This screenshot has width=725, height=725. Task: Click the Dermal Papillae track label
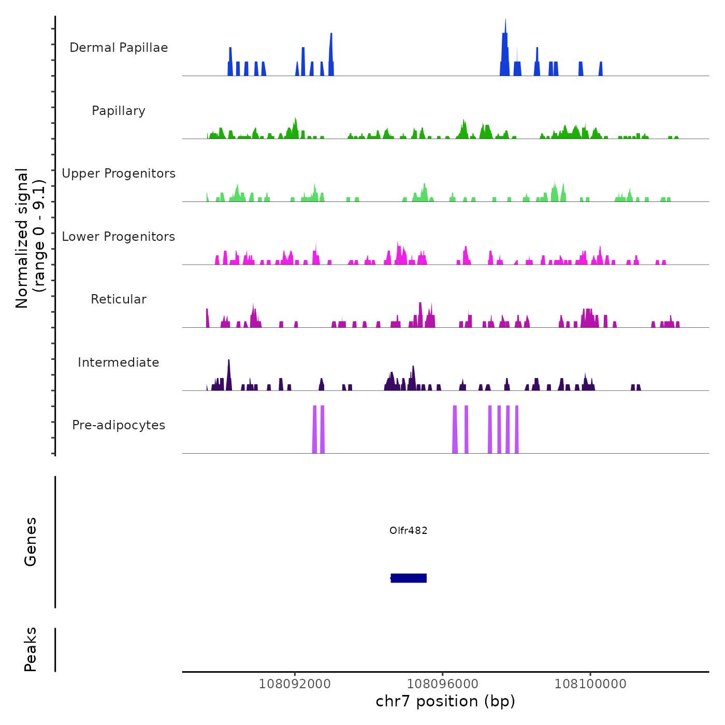pyautogui.click(x=119, y=48)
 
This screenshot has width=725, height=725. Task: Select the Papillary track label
pyautogui.click(x=119, y=111)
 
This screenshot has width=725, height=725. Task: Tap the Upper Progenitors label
pyautogui.click(x=119, y=173)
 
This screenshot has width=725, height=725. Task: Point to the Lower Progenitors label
pyautogui.click(x=119, y=237)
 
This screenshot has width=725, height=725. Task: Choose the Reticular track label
pyautogui.click(x=119, y=299)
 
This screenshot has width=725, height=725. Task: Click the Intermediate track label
pyautogui.click(x=119, y=363)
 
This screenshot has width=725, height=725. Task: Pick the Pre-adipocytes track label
pyautogui.click(x=119, y=425)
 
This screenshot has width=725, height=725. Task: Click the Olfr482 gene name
pyautogui.click(x=409, y=530)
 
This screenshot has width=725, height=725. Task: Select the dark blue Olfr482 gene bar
pyautogui.click(x=409, y=578)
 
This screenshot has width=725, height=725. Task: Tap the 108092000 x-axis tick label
pyautogui.click(x=295, y=684)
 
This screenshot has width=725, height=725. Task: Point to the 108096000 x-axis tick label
pyautogui.click(x=442, y=684)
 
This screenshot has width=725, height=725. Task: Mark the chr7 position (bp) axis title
pyautogui.click(x=445, y=701)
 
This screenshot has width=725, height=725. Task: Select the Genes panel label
pyautogui.click(x=31, y=541)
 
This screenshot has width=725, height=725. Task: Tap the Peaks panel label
pyautogui.click(x=31, y=649)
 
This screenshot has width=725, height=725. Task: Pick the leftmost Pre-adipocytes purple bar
pyautogui.click(x=314, y=430)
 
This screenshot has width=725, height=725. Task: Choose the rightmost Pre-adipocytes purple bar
pyautogui.click(x=517, y=430)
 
